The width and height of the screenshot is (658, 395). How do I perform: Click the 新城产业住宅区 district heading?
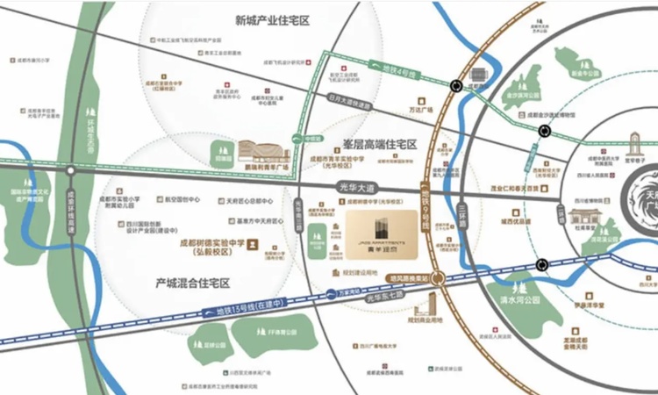(x=273, y=19)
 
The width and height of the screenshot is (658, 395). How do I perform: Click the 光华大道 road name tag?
(x=355, y=188)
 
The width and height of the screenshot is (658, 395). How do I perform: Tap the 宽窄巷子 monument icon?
(x=634, y=144)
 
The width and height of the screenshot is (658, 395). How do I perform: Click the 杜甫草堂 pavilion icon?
(x=583, y=217)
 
